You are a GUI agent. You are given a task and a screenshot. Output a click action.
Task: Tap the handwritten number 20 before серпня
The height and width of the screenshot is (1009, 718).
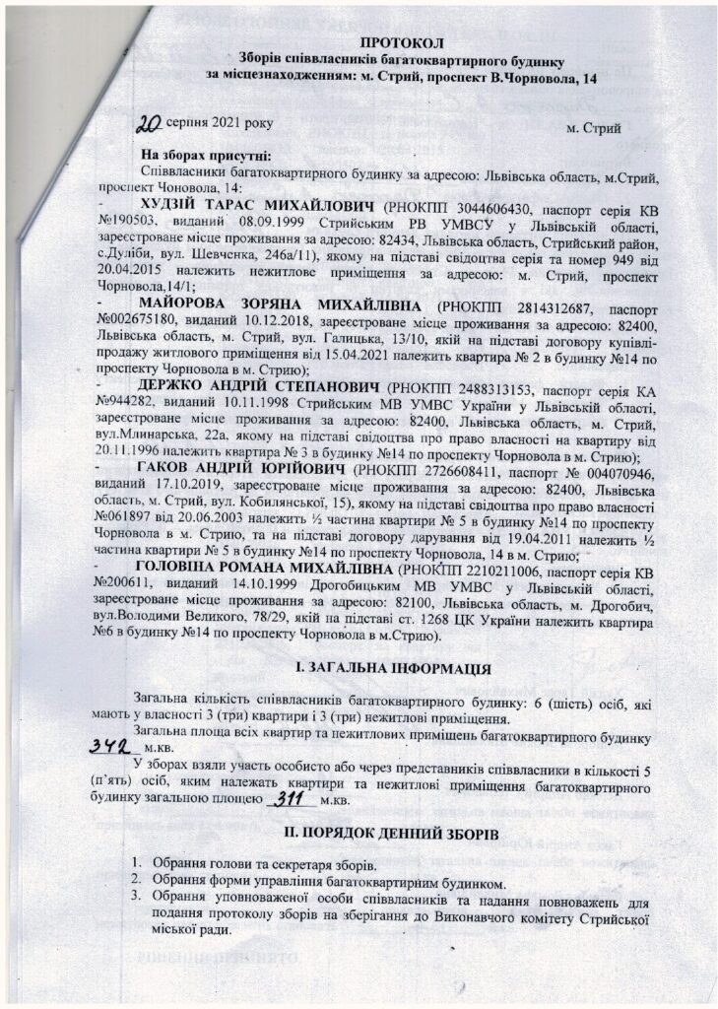coord(151,124)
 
